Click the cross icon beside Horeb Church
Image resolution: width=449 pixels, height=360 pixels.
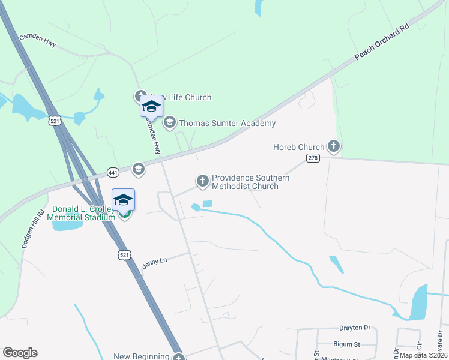(x=334, y=146)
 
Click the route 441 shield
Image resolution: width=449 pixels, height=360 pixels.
(x=113, y=172)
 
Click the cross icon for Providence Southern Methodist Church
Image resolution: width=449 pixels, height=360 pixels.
(x=203, y=180)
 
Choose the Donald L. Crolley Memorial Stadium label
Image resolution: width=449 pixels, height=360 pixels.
(x=83, y=213)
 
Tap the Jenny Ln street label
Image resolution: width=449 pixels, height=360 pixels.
(x=154, y=262)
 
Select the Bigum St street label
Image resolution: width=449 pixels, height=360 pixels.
(x=347, y=344)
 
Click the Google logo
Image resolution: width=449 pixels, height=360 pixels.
(x=20, y=353)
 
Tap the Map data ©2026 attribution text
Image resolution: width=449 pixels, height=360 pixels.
(x=423, y=355)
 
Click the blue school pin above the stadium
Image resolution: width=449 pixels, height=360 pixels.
(x=123, y=199)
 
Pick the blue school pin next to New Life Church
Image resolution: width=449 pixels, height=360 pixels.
(x=151, y=107)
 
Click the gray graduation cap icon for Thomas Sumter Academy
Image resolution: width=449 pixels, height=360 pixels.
(x=170, y=123)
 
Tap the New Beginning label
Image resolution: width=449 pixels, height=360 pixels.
(x=139, y=356)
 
